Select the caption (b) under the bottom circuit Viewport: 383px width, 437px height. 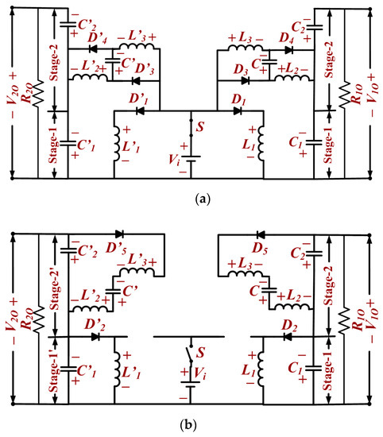pos(191,424)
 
